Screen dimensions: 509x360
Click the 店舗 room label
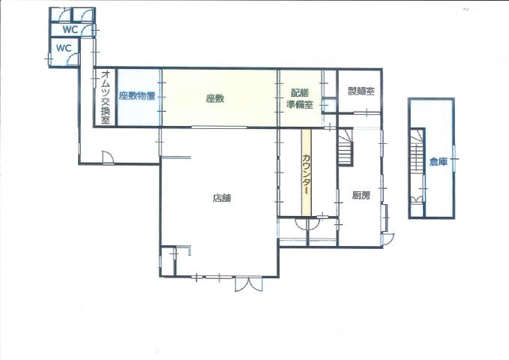[x=222, y=198]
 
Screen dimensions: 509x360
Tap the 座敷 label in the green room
[x=215, y=98]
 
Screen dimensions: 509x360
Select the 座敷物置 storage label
[x=137, y=96]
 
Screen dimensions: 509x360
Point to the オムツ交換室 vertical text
[x=106, y=97]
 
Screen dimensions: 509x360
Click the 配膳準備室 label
[x=300, y=99]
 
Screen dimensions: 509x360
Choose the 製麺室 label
[x=361, y=91]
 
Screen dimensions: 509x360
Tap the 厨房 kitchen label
[x=361, y=195]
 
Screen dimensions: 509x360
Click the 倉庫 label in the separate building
[x=439, y=161]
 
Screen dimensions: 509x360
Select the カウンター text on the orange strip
[x=306, y=174]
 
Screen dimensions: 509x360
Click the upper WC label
[x=70, y=29]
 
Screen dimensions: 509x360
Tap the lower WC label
[x=64, y=48]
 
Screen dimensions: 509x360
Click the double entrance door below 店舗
[x=249, y=283]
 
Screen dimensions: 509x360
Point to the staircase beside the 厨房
[x=345, y=147]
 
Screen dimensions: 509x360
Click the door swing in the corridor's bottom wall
[x=107, y=157]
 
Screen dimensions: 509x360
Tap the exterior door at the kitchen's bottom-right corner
[x=388, y=239]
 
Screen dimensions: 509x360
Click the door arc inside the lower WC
[x=73, y=60]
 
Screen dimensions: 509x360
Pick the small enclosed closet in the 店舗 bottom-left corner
[x=169, y=261]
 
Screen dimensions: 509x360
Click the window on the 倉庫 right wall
[x=454, y=159]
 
